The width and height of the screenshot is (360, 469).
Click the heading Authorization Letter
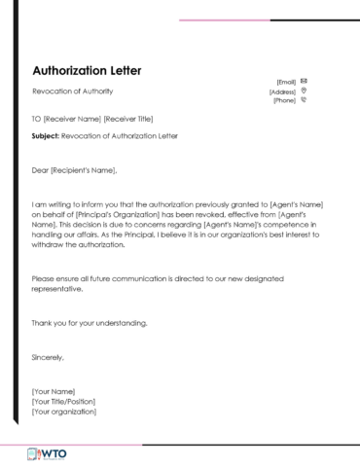pos(87,71)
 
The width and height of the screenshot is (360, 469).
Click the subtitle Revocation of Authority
pos(73,91)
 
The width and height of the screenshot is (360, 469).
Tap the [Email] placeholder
pos(286,81)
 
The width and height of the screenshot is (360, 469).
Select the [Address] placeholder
pos(282,90)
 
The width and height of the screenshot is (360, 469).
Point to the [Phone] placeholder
pos(284,100)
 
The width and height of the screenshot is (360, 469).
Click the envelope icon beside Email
pos(305,80)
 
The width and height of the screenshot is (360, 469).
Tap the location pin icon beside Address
pos(305,90)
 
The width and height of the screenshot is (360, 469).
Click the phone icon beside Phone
pos(305,99)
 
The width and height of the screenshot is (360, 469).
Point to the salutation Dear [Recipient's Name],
pos(74,171)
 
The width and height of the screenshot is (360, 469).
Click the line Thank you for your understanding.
pos(90,323)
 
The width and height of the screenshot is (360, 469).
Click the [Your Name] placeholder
pos(53,391)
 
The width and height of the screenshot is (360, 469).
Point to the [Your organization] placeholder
pos(64,412)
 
